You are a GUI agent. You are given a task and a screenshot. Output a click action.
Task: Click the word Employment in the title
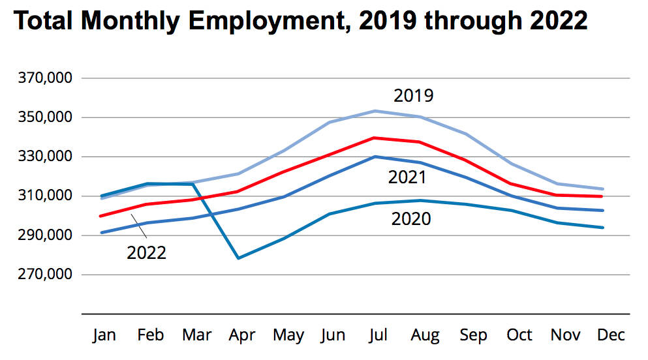251,22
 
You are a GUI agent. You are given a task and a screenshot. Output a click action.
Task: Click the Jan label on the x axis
104,335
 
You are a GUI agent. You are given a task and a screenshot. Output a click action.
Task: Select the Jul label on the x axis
378,335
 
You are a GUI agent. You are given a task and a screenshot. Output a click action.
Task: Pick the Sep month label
473,335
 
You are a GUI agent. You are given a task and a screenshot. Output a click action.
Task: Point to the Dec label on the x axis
611,335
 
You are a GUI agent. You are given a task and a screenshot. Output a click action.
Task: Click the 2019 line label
413,97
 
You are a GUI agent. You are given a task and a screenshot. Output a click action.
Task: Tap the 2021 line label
407,177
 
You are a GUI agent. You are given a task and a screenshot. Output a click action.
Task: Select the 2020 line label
410,219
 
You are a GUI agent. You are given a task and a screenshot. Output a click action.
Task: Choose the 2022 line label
146,252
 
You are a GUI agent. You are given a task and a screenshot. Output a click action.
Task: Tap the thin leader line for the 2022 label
139,228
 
